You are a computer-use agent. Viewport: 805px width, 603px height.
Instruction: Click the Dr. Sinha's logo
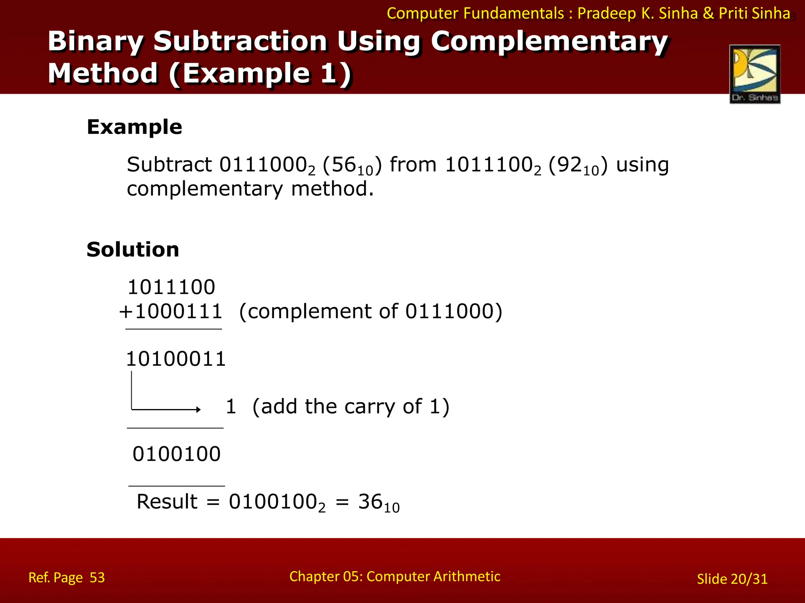pos(755,74)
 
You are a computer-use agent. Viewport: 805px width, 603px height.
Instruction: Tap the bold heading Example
pos(134,127)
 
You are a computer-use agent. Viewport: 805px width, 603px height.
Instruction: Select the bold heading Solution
pos(133,250)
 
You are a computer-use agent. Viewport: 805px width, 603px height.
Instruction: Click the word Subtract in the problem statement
pos(169,164)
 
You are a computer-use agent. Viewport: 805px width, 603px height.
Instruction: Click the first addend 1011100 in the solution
pos(171,287)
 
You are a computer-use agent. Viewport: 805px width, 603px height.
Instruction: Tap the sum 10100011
pos(176,359)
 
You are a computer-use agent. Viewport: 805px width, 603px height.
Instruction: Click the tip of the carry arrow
pos(200,409)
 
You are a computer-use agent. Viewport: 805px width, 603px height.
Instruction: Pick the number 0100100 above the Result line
pos(176,454)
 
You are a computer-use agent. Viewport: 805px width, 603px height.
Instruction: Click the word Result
pos(167,502)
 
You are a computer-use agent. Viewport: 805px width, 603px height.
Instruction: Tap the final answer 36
pos(370,502)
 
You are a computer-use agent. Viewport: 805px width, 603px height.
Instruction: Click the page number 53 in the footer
pos(97,577)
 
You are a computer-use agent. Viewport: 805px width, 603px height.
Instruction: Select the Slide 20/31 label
pos(732,579)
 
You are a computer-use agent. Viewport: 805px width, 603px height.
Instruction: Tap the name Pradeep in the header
pos(607,13)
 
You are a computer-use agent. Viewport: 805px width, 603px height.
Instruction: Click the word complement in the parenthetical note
pos(310,312)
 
